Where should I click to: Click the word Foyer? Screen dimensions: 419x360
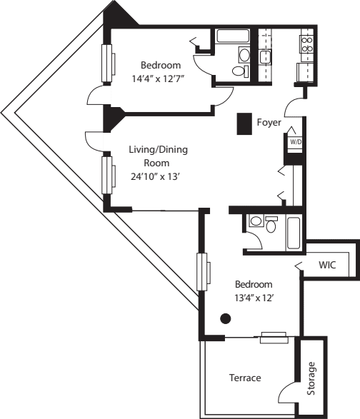(x=269, y=123)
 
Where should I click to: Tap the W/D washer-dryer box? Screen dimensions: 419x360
(x=294, y=141)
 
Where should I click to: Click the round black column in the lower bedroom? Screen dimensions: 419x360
(x=226, y=319)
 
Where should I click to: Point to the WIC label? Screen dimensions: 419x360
(x=328, y=266)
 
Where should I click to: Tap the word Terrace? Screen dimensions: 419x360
(x=244, y=378)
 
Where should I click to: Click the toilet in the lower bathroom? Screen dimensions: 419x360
(x=271, y=224)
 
